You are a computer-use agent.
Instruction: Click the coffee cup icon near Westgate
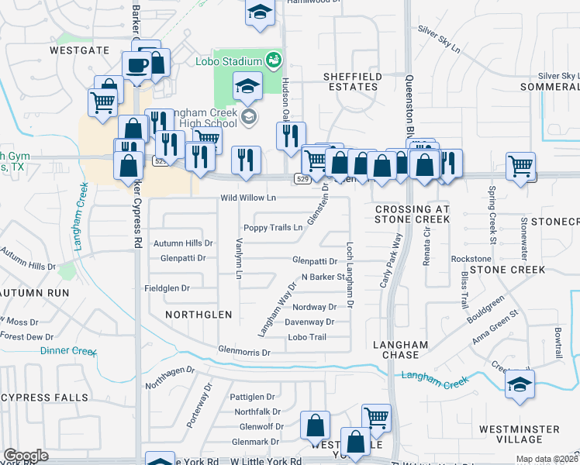(137, 66)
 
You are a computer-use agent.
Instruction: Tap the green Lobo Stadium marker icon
(272, 59)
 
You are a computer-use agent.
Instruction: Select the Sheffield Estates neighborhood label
(351, 81)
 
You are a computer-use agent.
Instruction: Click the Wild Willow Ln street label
(248, 198)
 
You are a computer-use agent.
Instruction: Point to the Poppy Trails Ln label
(272, 228)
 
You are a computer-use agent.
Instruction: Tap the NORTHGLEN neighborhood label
(199, 314)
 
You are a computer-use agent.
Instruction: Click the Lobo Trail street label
(307, 337)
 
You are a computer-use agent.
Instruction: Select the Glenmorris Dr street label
(243, 352)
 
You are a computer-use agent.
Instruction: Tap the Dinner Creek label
(67, 350)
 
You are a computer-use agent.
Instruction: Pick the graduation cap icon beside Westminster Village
(520, 384)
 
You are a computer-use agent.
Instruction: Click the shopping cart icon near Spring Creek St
(520, 165)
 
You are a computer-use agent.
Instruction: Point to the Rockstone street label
(471, 258)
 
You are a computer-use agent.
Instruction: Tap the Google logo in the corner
(26, 456)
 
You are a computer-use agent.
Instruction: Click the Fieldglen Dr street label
(167, 288)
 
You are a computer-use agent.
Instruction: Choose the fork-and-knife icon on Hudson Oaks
(291, 136)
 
